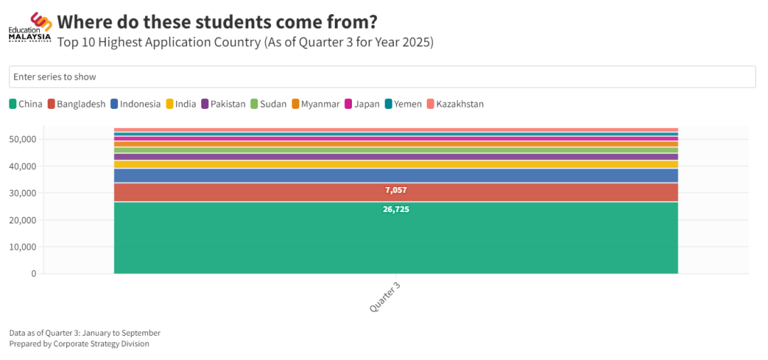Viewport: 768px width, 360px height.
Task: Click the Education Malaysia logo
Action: coord(30,28)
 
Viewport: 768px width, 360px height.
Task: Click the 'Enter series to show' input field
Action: coord(382,77)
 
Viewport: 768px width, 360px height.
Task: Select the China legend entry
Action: coord(26,104)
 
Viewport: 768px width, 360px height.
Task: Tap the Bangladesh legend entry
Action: coord(76,104)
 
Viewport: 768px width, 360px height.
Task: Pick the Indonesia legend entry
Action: coord(135,104)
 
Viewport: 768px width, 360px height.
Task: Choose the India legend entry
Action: coord(181,104)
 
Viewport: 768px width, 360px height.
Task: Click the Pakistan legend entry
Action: coord(223,104)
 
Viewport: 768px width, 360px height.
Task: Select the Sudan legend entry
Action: coord(268,104)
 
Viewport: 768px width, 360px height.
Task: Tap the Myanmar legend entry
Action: coord(315,104)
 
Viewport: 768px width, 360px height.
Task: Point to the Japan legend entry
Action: coord(362,104)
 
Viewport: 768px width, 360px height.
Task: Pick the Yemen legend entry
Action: coord(403,104)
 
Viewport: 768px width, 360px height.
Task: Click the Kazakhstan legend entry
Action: coord(455,104)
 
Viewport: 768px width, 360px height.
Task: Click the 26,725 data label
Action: coord(396,209)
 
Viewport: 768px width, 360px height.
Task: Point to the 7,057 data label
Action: coord(396,190)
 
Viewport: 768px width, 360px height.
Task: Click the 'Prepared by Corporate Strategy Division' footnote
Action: coord(79,344)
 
